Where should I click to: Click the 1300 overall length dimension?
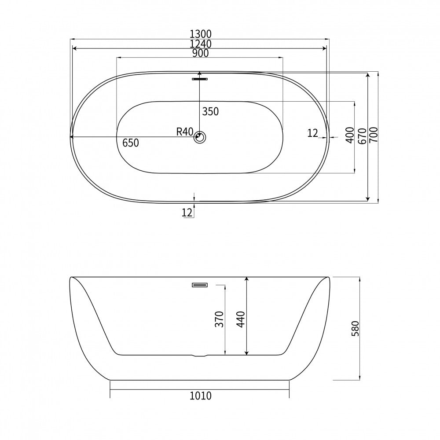pyautogui.click(x=200, y=34)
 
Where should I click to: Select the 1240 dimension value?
pyautogui.click(x=200, y=44)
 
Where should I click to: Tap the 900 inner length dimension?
pyautogui.click(x=200, y=53)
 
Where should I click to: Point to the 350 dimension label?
pyautogui.click(x=210, y=112)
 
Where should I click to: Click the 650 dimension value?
pyautogui.click(x=131, y=143)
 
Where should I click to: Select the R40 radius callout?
pyautogui.click(x=184, y=131)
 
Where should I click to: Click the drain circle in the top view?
pyautogui.click(x=200, y=137)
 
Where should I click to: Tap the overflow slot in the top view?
pyautogui.click(x=200, y=79)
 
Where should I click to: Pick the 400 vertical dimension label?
pyautogui.click(x=350, y=135)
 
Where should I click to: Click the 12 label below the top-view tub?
pyautogui.click(x=187, y=213)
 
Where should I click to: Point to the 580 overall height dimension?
pyautogui.click(x=355, y=328)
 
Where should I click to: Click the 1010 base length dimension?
pyautogui.click(x=200, y=396)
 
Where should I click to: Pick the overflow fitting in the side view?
pyautogui.click(x=200, y=285)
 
